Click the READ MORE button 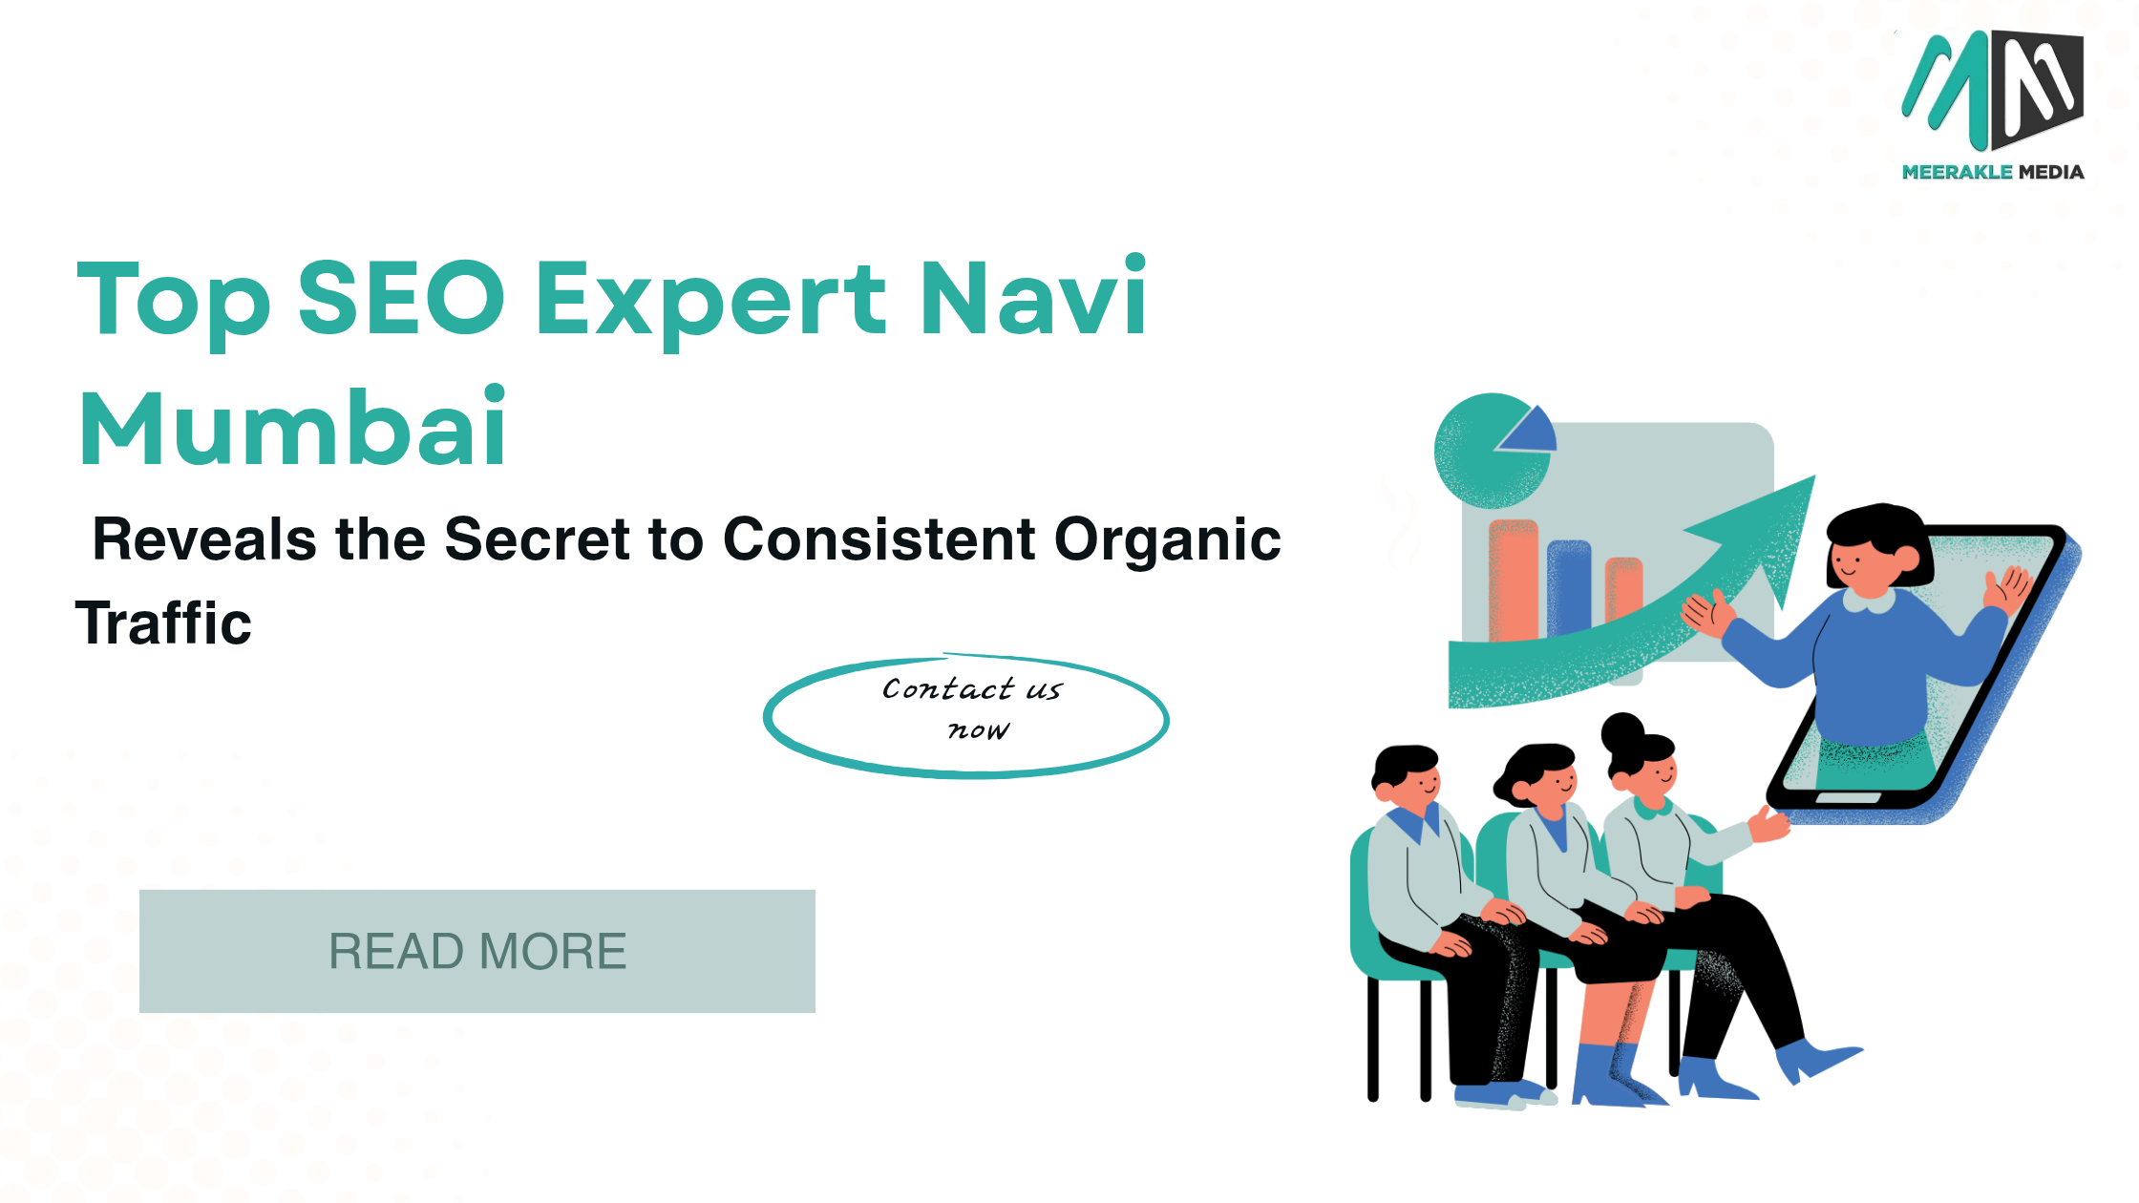[477, 951]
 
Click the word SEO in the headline [401, 298]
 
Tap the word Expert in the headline [711, 302]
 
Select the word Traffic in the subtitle [163, 623]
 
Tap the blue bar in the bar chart [1569, 588]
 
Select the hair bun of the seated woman [1622, 733]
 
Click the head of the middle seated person [1537, 777]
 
